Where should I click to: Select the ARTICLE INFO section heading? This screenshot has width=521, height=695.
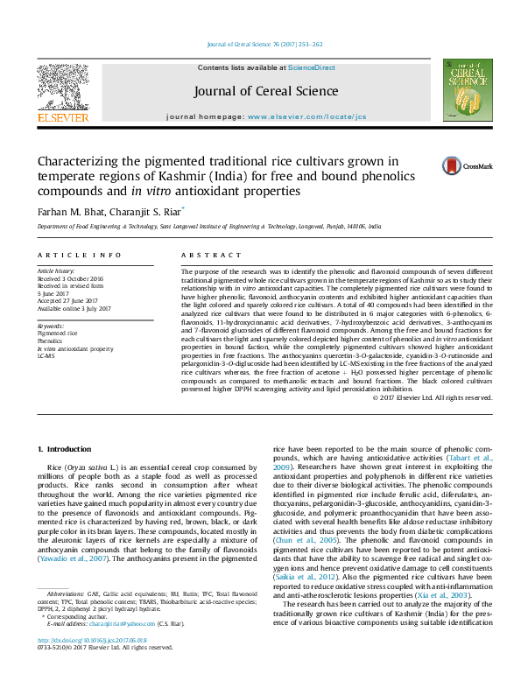(x=79, y=255)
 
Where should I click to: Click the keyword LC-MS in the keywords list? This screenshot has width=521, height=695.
(x=46, y=356)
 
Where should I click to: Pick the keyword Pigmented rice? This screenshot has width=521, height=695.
(x=58, y=333)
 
